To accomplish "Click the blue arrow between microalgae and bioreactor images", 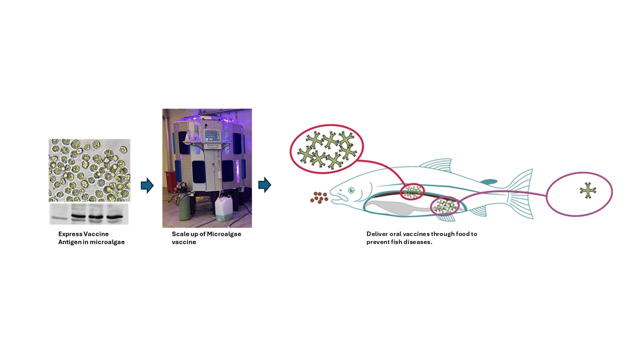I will point(147,185).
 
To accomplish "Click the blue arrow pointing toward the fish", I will point(264,185).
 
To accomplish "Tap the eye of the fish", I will point(351,190).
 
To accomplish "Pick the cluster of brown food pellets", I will point(319,197).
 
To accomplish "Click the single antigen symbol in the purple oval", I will point(588,190).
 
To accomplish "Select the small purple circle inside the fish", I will point(444,206).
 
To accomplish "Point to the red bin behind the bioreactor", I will point(170,180).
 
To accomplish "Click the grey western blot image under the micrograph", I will point(89,214).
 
